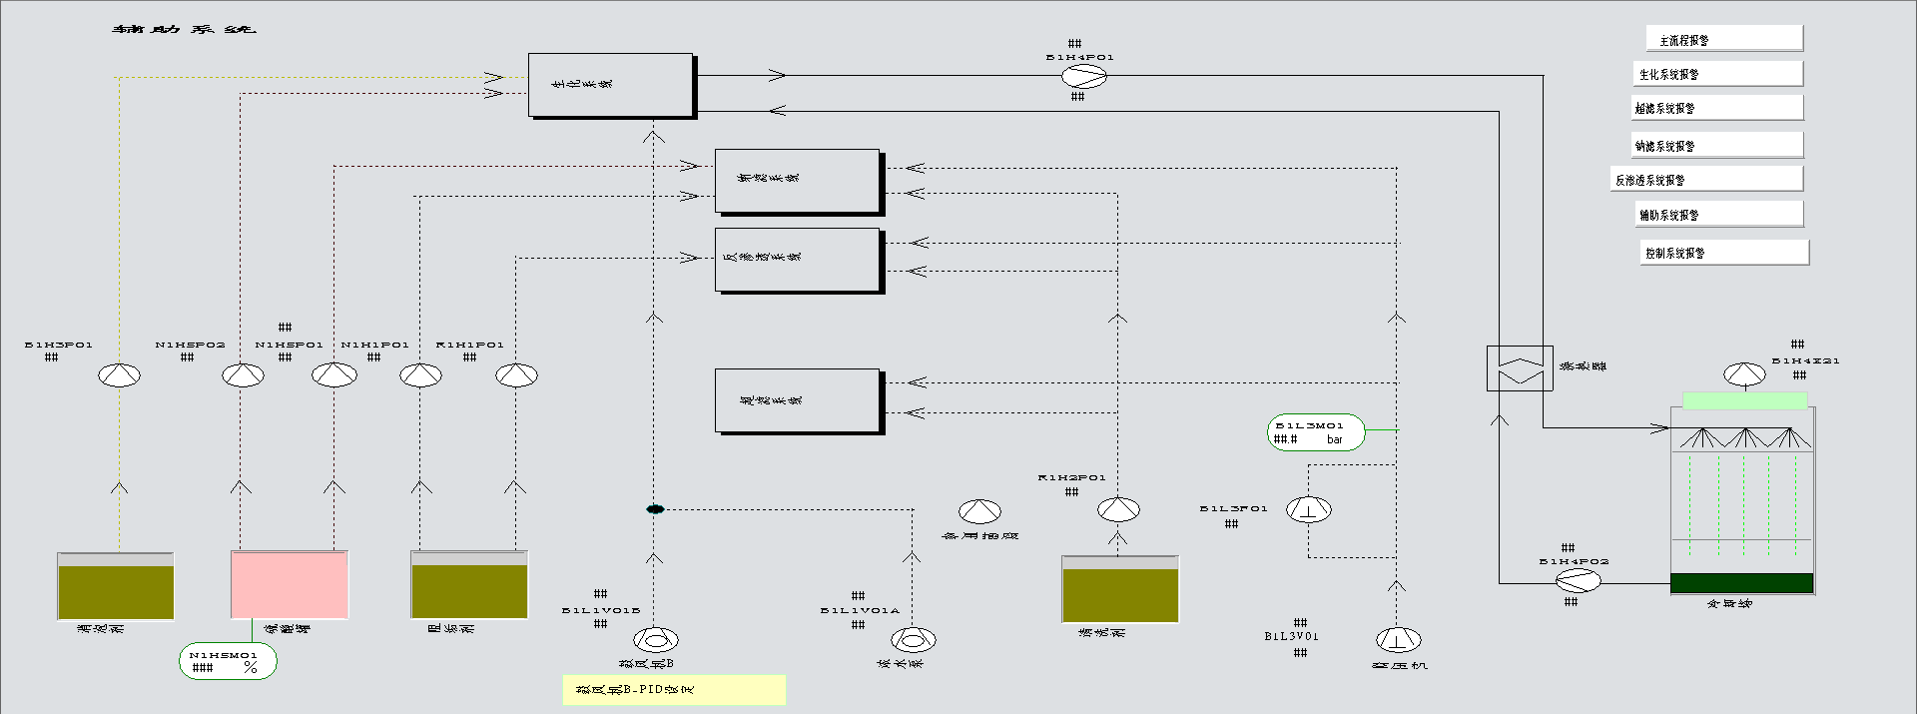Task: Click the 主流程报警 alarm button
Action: pyautogui.click(x=1723, y=39)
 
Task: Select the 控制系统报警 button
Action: pyautogui.click(x=1725, y=253)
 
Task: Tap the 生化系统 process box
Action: pyautogui.click(x=610, y=85)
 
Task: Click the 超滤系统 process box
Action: pyautogui.click(x=797, y=400)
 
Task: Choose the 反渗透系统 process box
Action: pyautogui.click(x=797, y=260)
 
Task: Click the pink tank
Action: pyautogui.click(x=290, y=584)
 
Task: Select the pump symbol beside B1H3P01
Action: pyautogui.click(x=120, y=375)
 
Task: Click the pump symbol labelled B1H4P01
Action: pyautogui.click(x=1082, y=77)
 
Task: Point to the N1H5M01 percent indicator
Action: pyautogui.click(x=228, y=661)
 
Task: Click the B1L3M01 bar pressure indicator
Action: pyautogui.click(x=1316, y=432)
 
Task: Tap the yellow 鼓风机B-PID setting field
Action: pyautogui.click(x=674, y=690)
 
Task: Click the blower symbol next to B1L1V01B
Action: pyautogui.click(x=656, y=639)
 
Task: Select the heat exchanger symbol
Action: pyautogui.click(x=1520, y=367)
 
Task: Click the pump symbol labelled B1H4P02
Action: pyautogui.click(x=1578, y=581)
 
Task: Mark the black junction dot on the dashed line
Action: pyautogui.click(x=655, y=509)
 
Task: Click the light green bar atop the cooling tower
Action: pyautogui.click(x=1744, y=400)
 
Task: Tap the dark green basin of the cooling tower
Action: pyautogui.click(x=1741, y=583)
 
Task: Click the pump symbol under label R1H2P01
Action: pyautogui.click(x=1118, y=510)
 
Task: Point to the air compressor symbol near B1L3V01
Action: pyautogui.click(x=1398, y=639)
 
